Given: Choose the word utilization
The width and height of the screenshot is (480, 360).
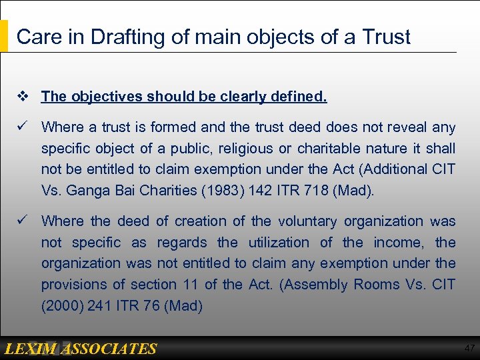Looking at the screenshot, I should pos(279,242).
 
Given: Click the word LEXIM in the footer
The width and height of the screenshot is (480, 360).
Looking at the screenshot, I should pos(31,349).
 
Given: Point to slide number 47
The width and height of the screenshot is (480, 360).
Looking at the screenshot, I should pos(469,349).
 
